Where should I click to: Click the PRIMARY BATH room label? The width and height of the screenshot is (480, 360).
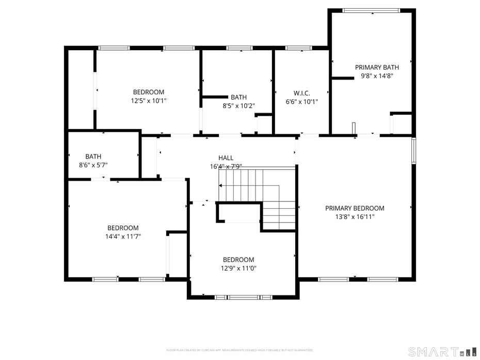pos(377,67)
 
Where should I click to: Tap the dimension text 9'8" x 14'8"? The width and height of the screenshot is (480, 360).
pos(377,76)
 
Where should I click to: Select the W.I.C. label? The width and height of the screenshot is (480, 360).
pos(301,93)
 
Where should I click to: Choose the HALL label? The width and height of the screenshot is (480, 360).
pos(226,158)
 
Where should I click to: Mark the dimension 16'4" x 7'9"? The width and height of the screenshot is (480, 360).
pos(226,166)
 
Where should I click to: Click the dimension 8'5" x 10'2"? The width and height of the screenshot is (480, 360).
pos(238,106)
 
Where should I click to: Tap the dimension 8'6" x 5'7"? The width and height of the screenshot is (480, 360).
pos(93,165)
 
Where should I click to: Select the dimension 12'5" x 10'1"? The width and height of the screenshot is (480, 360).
pos(149,101)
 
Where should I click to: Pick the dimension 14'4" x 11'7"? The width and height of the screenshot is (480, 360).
pos(123,237)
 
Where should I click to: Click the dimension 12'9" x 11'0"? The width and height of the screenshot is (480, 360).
pos(238,269)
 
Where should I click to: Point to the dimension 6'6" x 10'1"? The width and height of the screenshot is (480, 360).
pos(301,102)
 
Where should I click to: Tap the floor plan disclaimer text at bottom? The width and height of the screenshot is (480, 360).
pos(239,350)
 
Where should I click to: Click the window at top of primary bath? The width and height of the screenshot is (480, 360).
pos(371,10)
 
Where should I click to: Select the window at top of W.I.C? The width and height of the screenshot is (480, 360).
pos(298,48)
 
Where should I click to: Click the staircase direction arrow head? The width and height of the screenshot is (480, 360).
pos(221,185)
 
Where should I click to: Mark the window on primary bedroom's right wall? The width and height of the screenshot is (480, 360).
pos(413,150)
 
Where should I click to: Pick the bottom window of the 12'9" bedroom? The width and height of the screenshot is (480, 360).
pos(243,297)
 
